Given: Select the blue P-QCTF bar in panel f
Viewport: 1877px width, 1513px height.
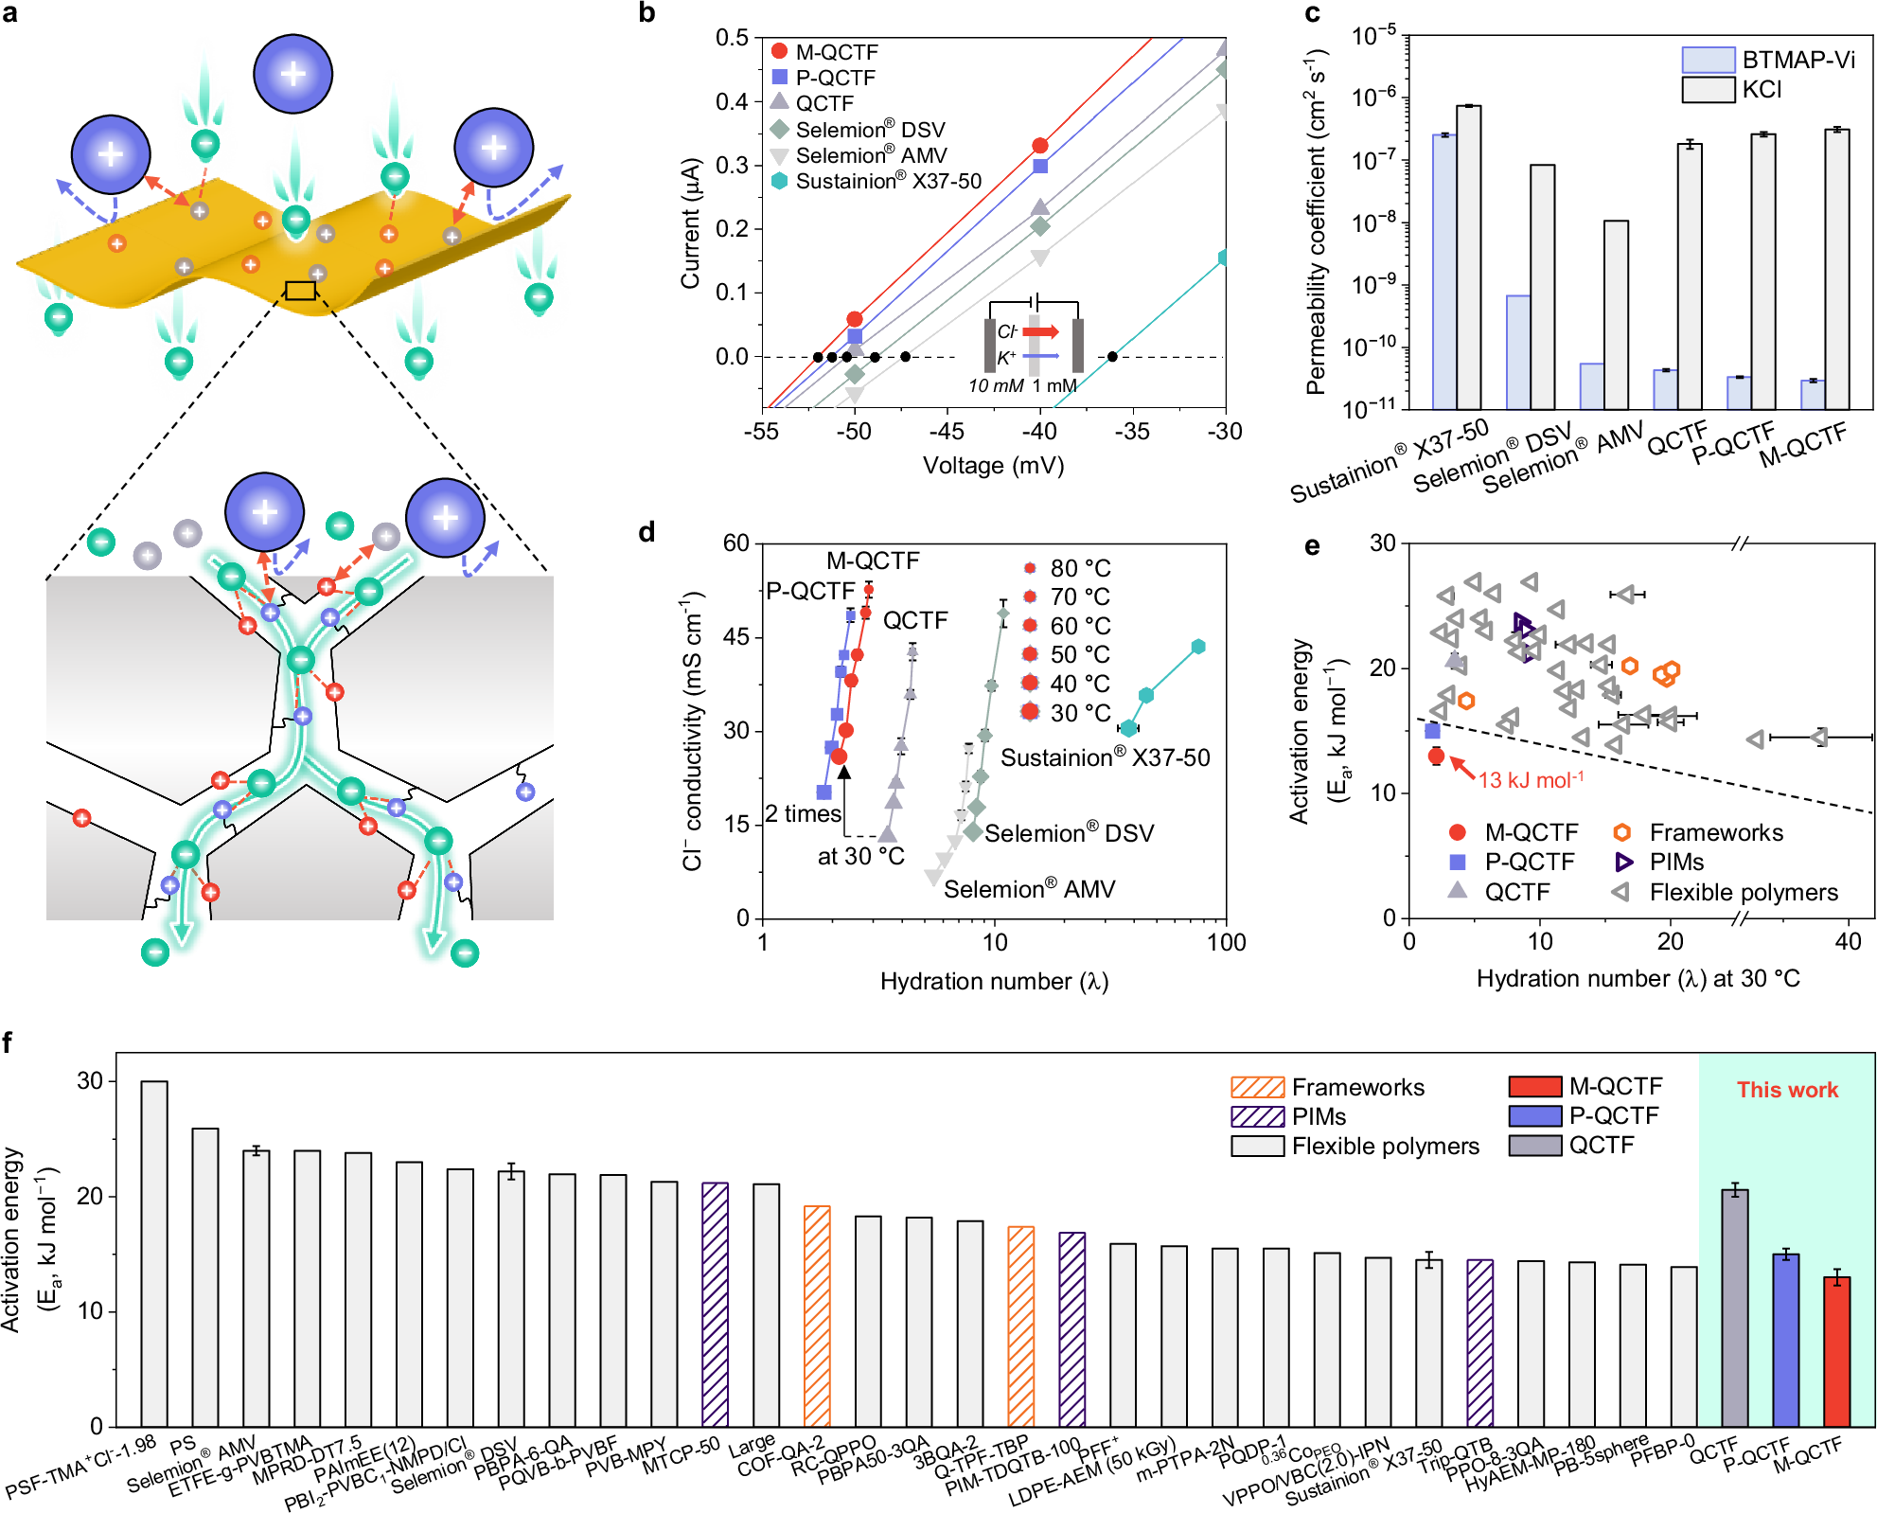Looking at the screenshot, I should pyautogui.click(x=1785, y=1341).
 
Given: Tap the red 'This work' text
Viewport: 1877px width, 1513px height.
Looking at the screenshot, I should pyautogui.click(x=1787, y=1090).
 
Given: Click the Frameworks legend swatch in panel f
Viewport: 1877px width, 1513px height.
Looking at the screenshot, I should pyautogui.click(x=1257, y=1087).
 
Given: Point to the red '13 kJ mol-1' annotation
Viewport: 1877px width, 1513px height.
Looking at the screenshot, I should pyautogui.click(x=1531, y=780).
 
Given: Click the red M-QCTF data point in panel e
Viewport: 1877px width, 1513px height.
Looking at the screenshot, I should pyautogui.click(x=1436, y=756).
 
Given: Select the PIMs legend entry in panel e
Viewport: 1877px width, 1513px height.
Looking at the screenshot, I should pyautogui.click(x=1675, y=862).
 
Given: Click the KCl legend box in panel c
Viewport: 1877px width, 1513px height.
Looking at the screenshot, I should pyautogui.click(x=1708, y=90).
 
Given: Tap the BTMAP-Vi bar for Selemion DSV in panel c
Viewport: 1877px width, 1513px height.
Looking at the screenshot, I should pyautogui.click(x=1518, y=352).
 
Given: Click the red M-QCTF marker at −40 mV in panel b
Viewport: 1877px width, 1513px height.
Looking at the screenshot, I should pyautogui.click(x=1040, y=146).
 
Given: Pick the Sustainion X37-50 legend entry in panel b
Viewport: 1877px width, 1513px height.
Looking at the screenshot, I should pyautogui.click(x=888, y=181).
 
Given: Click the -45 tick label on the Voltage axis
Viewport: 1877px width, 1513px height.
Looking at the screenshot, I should pyautogui.click(x=947, y=431).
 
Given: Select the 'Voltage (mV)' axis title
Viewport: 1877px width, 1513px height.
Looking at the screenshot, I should pyautogui.click(x=993, y=465).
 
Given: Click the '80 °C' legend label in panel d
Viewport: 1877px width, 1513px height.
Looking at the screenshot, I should pyautogui.click(x=1080, y=568).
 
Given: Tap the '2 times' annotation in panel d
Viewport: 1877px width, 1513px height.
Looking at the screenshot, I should pyautogui.click(x=803, y=813).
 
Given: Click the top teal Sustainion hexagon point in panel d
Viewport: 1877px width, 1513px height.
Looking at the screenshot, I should pyautogui.click(x=1198, y=647).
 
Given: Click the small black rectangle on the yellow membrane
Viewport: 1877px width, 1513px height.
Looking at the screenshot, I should pyautogui.click(x=300, y=291).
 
